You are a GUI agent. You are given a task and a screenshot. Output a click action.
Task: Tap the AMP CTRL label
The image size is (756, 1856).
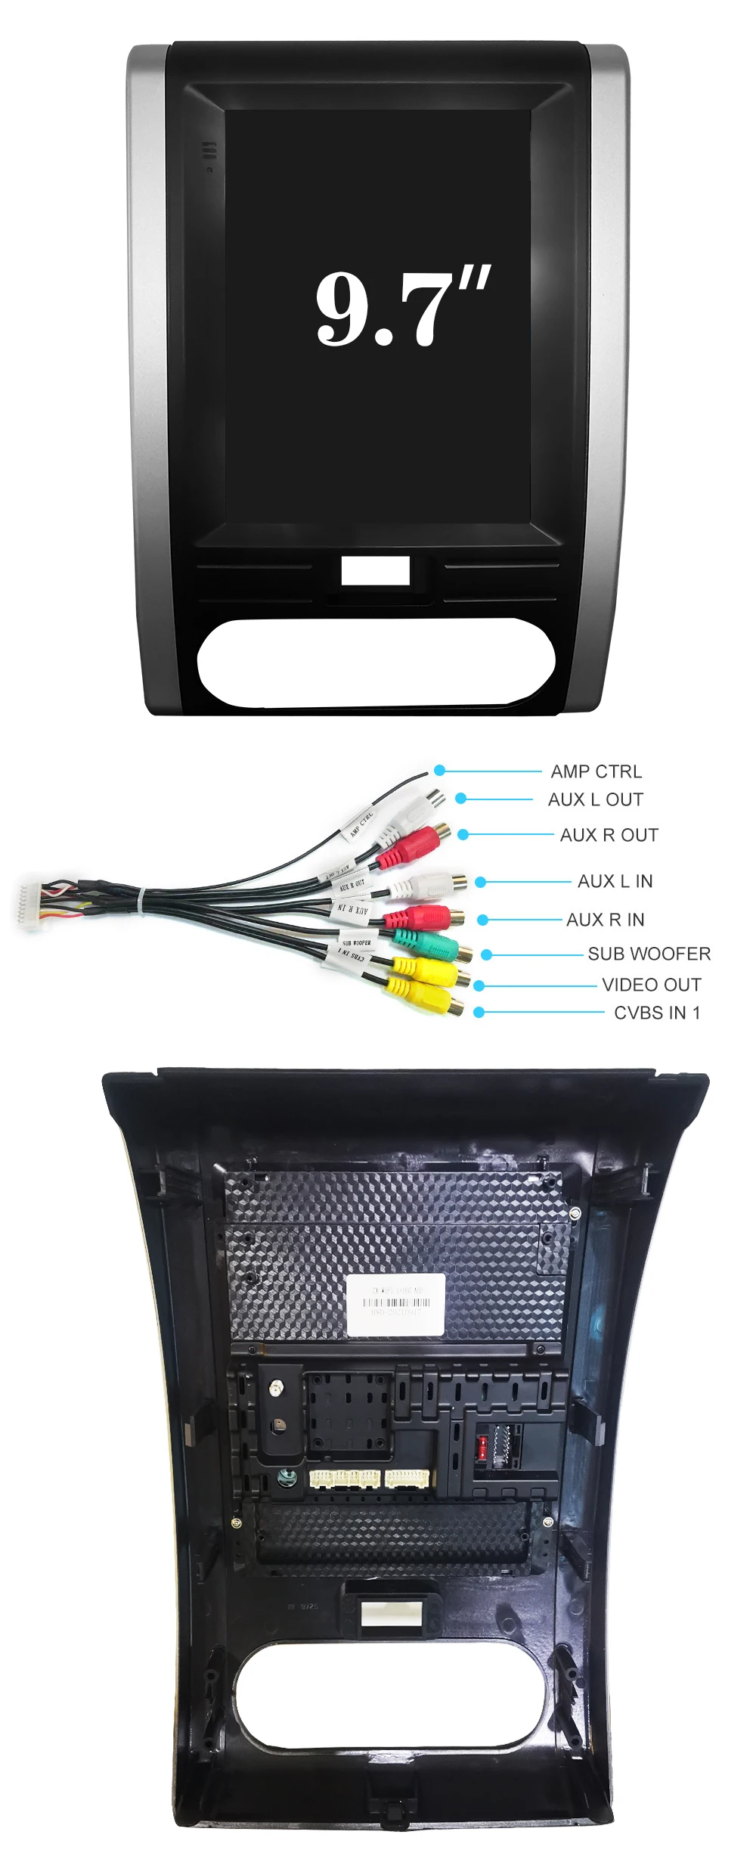[596, 771]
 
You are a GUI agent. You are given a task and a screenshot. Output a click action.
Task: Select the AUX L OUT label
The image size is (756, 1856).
[595, 799]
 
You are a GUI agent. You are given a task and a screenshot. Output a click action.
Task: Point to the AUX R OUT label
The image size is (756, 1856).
[609, 835]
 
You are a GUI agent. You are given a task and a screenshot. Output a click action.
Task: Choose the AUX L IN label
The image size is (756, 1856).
[615, 881]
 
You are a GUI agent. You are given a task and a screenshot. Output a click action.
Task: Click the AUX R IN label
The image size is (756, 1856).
[605, 920]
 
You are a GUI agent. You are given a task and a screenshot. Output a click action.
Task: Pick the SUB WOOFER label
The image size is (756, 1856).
[649, 954]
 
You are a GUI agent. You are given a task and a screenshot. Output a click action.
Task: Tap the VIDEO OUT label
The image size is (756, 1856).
[651, 985]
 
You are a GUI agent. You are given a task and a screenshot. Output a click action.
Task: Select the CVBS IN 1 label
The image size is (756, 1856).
[657, 1013]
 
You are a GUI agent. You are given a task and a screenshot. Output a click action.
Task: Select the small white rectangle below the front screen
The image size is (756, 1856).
[375, 571]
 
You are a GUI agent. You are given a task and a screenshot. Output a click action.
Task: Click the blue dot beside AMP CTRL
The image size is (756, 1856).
[440, 771]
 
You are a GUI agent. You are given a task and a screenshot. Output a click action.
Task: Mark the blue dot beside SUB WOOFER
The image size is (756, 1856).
[487, 954]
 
